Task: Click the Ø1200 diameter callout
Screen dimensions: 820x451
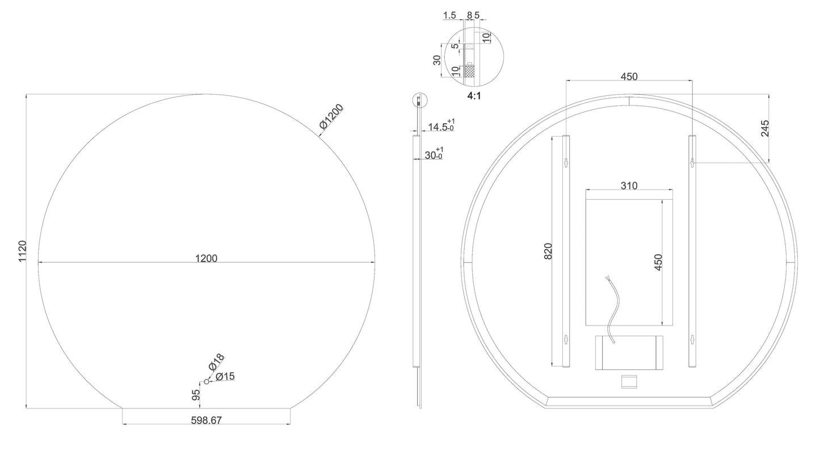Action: [331, 116]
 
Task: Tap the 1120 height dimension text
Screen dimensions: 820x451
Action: [23, 251]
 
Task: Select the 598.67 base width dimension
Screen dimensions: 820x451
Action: [207, 420]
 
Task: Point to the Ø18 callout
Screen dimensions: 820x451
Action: [216, 362]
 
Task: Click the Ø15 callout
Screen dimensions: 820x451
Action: [225, 376]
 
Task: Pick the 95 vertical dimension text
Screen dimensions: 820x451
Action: [196, 395]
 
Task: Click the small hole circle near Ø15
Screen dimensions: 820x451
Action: [207, 382]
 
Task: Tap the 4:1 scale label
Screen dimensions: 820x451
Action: [474, 96]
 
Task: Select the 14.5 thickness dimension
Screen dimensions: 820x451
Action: [441, 125]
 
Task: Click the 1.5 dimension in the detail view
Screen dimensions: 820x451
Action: [449, 15]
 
